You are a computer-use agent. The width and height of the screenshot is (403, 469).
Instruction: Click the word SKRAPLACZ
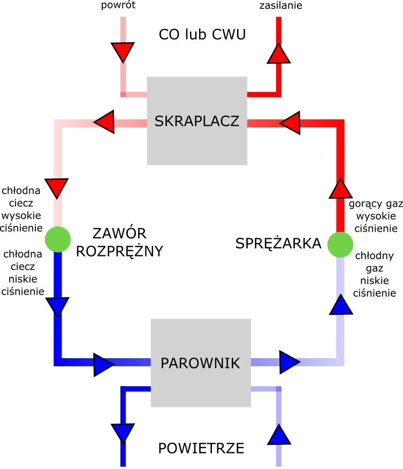196,122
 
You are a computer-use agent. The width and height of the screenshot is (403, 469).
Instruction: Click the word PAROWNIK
200,363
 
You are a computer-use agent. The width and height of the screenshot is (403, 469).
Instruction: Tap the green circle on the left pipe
58,239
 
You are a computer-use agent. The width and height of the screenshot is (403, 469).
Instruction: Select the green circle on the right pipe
340,245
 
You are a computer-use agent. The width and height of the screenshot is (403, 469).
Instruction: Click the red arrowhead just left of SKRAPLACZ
105,122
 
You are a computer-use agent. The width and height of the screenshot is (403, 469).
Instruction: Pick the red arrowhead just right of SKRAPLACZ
291,123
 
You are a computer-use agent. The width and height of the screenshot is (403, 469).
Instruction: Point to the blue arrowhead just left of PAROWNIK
103,365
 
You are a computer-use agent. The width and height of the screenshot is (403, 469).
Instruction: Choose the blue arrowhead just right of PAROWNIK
289,362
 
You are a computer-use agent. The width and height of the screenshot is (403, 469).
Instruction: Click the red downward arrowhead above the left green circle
57,187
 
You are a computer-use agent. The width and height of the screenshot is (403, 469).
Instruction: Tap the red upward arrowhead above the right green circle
340,189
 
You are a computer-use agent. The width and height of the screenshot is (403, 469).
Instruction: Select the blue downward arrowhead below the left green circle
57,307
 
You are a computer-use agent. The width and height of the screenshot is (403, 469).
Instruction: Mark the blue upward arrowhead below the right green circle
340,305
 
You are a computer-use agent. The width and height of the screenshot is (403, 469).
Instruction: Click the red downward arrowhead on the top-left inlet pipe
123,52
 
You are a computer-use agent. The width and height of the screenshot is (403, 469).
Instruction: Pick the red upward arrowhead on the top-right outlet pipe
278,54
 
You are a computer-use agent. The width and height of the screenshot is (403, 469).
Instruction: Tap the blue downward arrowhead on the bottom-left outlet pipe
123,433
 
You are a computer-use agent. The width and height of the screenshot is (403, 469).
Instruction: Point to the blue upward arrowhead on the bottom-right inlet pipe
279,435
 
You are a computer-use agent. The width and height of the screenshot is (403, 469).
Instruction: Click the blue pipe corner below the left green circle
58,362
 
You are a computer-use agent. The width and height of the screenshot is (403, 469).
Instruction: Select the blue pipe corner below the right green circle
340,362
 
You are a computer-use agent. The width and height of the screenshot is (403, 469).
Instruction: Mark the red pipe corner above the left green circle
58,123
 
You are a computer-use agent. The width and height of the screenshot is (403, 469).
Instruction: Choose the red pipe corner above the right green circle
340,123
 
